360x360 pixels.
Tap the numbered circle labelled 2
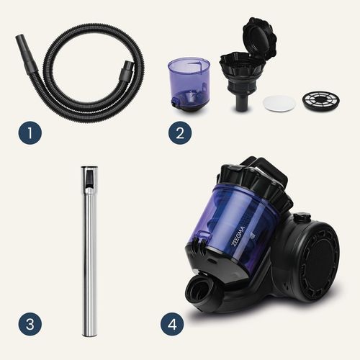point(180,132)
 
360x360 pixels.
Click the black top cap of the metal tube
point(89,176)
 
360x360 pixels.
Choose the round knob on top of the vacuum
point(302,217)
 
